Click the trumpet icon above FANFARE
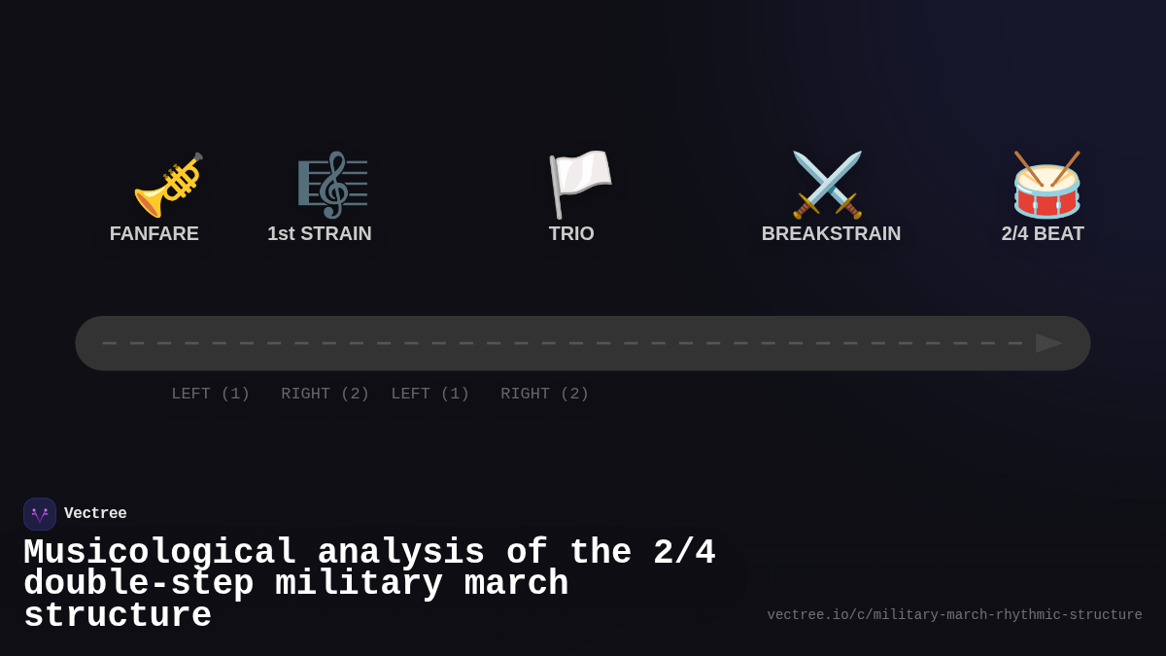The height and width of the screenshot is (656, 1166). (167, 185)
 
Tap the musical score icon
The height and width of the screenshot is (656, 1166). (332, 185)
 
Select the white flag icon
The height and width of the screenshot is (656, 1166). (579, 184)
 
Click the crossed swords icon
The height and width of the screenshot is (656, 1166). (827, 185)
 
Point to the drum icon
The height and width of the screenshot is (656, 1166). (1046, 185)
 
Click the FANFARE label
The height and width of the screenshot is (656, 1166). (154, 233)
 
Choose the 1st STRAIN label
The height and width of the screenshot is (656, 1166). (320, 233)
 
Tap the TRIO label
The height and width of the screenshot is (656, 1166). (571, 233)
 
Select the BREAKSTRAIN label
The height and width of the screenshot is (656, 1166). (831, 233)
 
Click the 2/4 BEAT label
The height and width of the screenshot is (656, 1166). (1043, 233)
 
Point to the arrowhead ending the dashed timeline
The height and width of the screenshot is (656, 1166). (1048, 343)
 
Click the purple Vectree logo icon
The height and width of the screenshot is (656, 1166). (40, 514)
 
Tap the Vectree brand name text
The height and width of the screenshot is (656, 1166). (95, 514)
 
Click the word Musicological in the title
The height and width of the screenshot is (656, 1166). (159, 553)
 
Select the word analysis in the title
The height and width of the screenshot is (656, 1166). (400, 553)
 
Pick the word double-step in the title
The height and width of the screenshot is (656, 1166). (138, 584)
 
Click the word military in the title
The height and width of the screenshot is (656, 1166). (359, 584)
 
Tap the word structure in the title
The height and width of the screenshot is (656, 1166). (118, 616)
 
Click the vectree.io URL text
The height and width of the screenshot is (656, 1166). (954, 615)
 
